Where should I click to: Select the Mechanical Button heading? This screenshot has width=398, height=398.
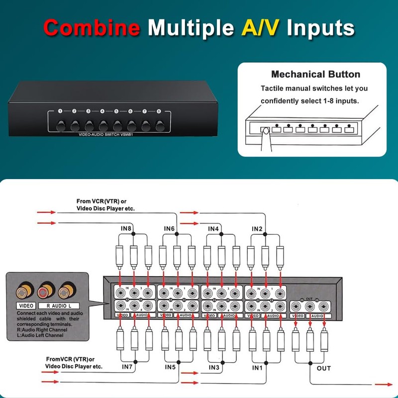point(315,75)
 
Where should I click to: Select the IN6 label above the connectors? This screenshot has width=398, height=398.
point(169,228)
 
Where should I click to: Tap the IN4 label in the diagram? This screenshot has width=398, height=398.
point(213,228)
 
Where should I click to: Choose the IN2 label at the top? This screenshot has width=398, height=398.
point(256,228)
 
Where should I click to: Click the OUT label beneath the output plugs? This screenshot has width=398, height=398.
point(323,368)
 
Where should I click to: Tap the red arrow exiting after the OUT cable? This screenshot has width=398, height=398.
point(384,384)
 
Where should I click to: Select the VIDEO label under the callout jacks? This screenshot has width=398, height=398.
point(25,305)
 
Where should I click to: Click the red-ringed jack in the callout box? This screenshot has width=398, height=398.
point(47,290)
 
